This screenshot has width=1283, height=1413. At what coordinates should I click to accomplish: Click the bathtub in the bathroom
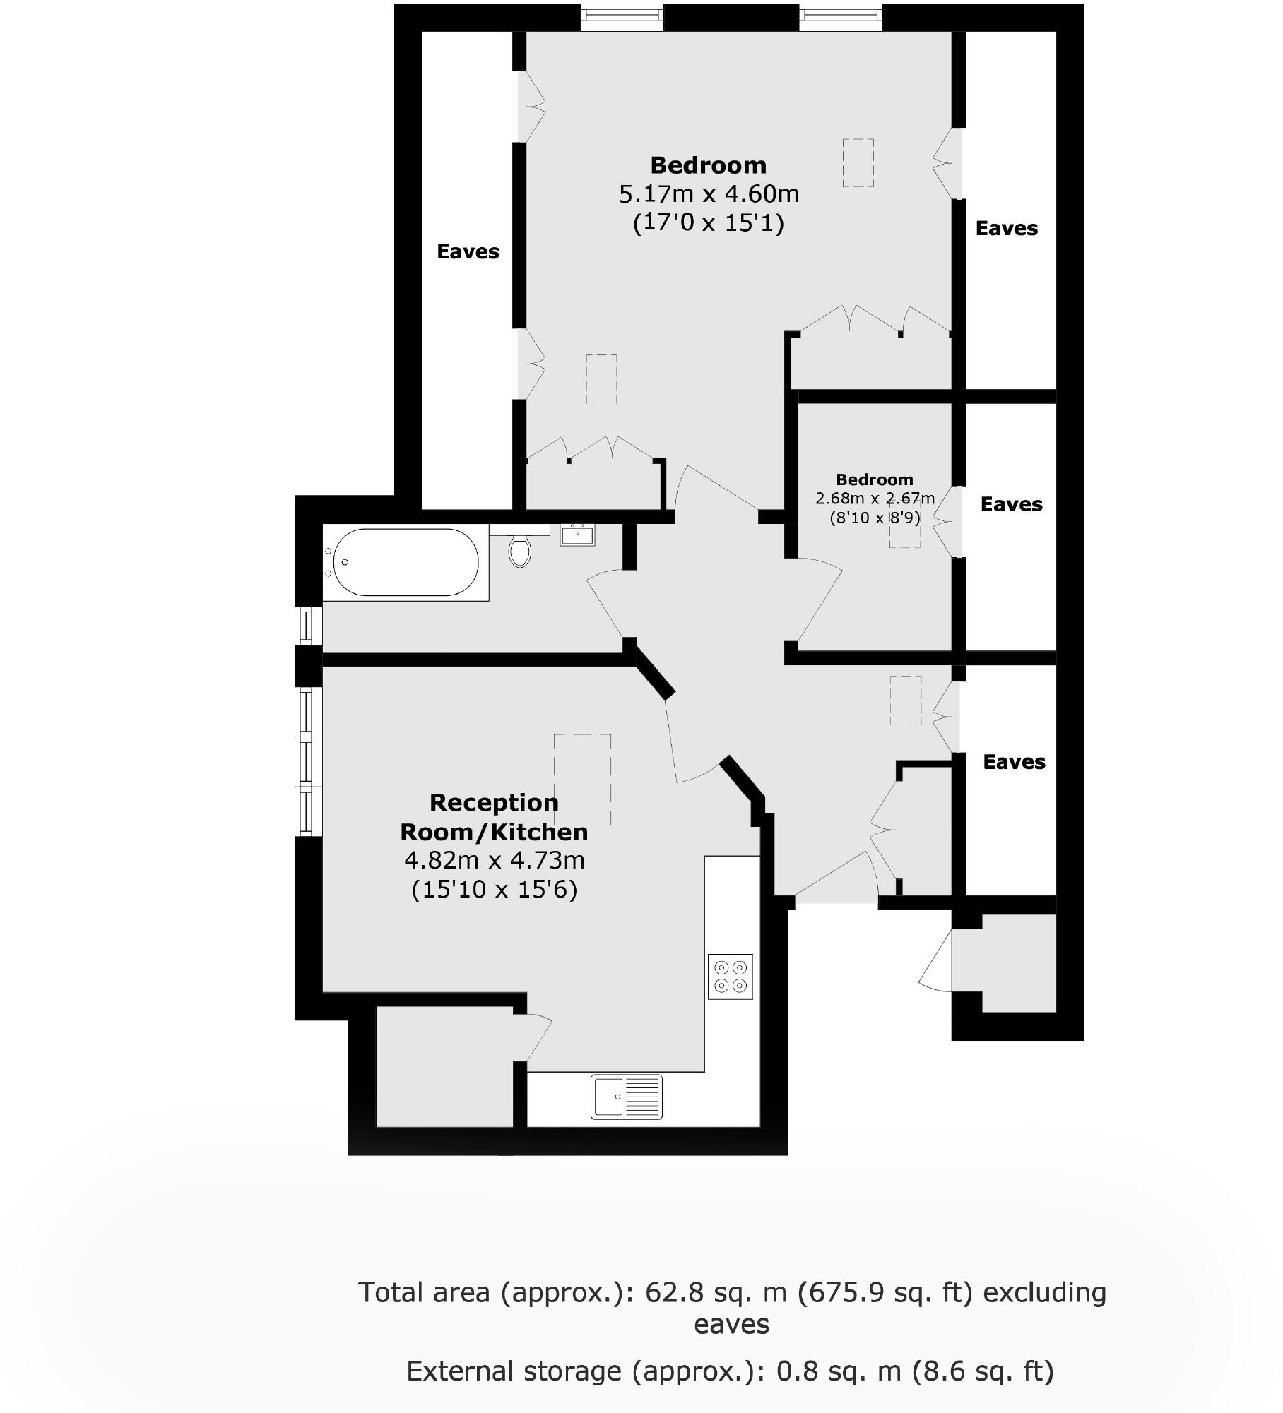(406, 563)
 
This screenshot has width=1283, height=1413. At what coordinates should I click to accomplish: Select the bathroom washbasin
(578, 535)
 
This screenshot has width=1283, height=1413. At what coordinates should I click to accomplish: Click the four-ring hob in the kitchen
(731, 977)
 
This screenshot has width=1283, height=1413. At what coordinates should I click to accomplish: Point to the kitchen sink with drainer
(627, 1097)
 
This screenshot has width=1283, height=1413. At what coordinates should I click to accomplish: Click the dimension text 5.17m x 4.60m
(709, 193)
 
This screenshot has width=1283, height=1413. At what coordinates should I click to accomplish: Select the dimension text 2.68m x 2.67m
(875, 499)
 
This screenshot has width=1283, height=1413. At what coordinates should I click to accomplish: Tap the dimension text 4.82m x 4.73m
(495, 860)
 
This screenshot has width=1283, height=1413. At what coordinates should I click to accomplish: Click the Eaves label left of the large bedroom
(468, 251)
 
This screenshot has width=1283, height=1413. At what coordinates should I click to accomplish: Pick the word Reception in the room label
(494, 802)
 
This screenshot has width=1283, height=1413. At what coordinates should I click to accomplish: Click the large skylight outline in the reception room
(582, 780)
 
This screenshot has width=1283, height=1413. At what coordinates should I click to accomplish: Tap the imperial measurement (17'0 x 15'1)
(709, 223)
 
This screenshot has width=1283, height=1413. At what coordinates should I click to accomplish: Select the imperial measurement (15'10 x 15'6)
(495, 889)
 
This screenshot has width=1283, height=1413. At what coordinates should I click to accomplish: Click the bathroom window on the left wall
(307, 626)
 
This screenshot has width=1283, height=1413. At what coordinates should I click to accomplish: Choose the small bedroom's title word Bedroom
(875, 480)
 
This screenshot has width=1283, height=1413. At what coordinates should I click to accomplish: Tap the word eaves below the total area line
(731, 1324)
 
